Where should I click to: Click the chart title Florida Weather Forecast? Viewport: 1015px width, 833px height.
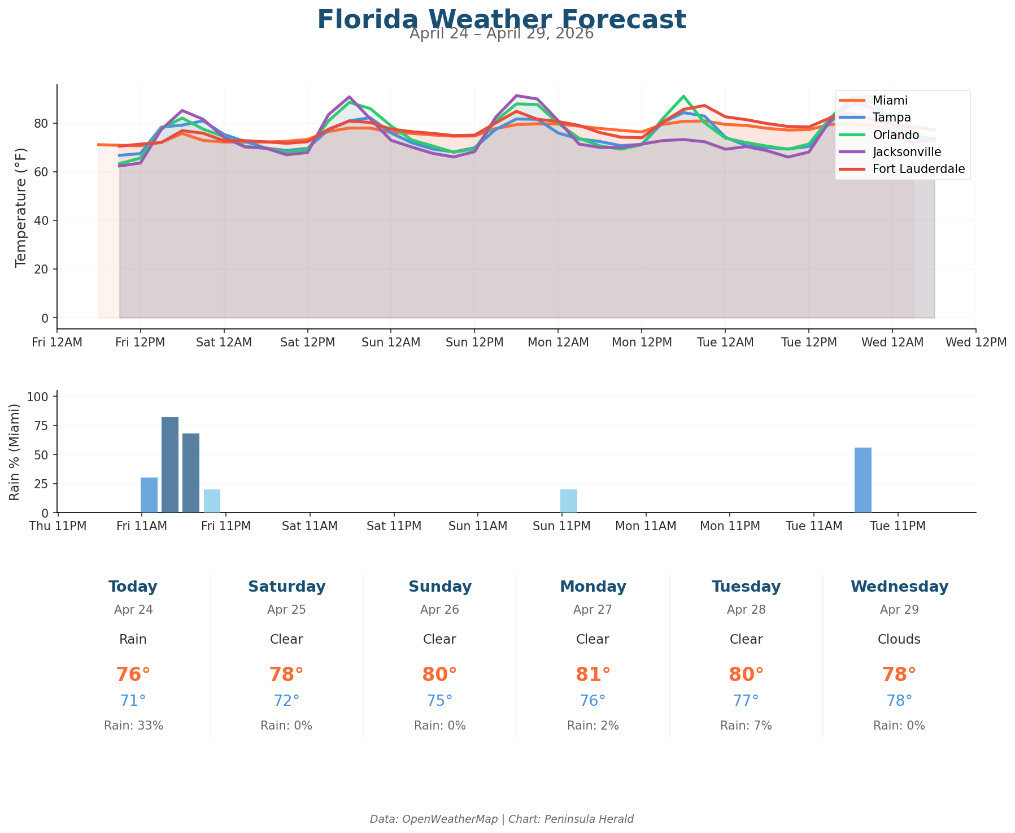(x=502, y=20)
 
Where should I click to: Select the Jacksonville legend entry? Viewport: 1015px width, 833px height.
(x=907, y=152)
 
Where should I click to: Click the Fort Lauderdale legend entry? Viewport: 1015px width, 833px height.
(x=918, y=169)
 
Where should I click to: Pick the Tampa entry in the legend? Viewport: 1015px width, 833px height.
(x=891, y=118)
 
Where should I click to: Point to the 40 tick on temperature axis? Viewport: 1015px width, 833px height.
(x=43, y=221)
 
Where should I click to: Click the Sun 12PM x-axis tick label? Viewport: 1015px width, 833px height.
(x=474, y=342)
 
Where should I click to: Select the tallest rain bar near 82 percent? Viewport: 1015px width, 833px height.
(x=170, y=465)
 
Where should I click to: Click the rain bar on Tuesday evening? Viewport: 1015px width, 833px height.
(x=862, y=480)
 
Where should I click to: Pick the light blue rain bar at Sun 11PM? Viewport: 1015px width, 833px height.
(x=568, y=501)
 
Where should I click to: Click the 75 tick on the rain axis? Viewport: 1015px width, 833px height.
(x=43, y=426)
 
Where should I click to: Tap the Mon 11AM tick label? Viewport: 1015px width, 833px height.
(x=646, y=526)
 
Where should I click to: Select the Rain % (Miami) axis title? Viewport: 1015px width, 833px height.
(x=15, y=452)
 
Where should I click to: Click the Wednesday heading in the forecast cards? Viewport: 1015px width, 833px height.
(x=899, y=587)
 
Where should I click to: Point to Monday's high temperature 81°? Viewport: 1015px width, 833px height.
(x=593, y=675)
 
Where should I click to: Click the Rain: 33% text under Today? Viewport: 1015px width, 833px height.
(x=133, y=726)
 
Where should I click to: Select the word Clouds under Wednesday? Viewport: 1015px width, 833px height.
(x=899, y=640)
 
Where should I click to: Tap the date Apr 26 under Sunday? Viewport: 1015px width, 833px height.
(x=439, y=610)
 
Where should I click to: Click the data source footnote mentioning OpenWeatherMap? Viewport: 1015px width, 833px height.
(x=502, y=819)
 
